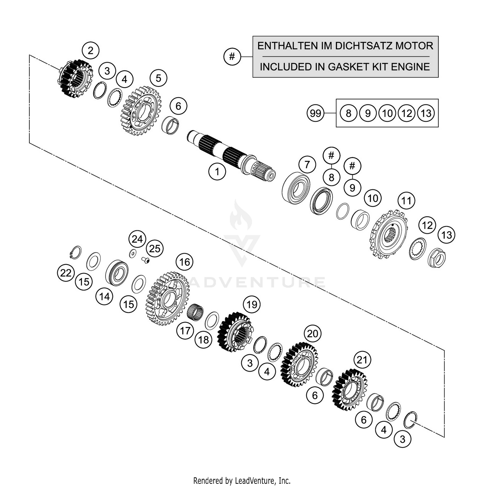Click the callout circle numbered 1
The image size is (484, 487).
(217, 171)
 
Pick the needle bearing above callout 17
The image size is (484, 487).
(196, 312)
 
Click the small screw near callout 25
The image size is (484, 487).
(146, 260)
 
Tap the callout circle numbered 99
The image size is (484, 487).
(315, 113)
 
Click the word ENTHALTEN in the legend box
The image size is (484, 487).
(287, 46)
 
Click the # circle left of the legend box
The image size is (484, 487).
(232, 57)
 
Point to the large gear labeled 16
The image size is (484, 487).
(167, 298)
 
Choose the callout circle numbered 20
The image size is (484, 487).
(312, 333)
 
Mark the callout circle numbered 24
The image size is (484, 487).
(137, 239)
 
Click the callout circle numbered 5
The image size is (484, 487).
(158, 78)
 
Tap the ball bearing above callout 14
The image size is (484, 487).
(117, 273)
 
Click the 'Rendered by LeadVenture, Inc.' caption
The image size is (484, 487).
(242, 481)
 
